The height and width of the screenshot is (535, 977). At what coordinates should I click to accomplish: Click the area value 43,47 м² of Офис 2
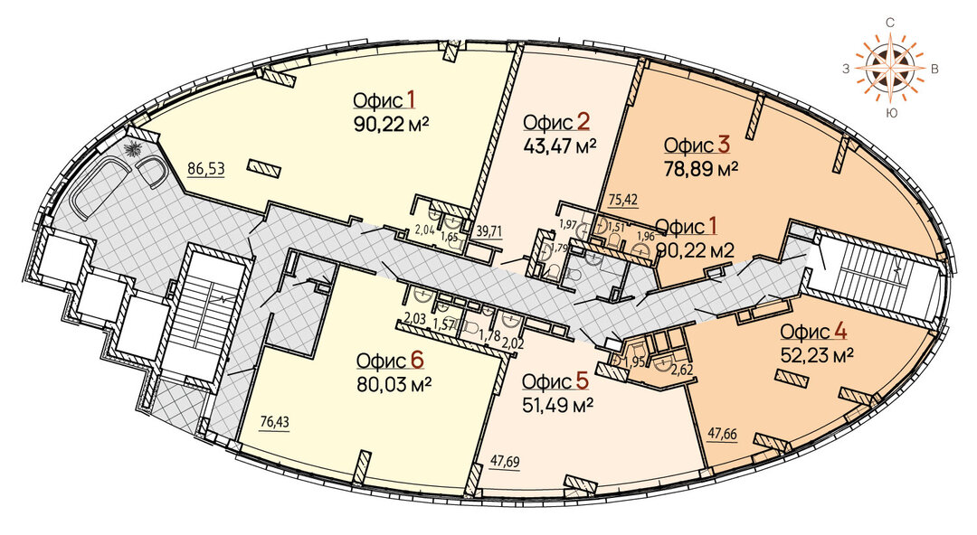tap(560, 147)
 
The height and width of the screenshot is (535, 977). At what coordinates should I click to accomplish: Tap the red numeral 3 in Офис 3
tap(724, 145)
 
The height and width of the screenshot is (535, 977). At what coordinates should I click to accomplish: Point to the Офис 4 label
tap(813, 332)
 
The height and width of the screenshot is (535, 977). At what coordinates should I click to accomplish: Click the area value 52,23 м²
tap(817, 355)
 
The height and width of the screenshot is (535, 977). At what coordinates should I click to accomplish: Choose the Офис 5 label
tap(555, 381)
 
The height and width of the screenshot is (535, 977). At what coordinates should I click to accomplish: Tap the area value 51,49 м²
tap(557, 404)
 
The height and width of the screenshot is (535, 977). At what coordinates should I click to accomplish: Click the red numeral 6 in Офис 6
tap(417, 361)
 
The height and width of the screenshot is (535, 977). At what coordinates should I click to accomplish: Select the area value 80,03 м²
tap(394, 384)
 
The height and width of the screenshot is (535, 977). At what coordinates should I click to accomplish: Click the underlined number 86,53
tap(205, 168)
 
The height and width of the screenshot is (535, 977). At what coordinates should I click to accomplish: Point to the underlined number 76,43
tap(274, 423)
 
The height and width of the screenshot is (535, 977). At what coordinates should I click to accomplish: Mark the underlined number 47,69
tap(505, 462)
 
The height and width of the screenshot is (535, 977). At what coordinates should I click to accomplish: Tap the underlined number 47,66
tap(723, 434)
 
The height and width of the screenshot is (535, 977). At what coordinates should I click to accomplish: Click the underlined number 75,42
tap(623, 200)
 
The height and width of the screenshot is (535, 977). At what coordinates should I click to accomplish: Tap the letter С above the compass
tap(891, 23)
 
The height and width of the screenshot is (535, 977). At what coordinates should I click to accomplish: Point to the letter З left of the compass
tap(847, 69)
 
